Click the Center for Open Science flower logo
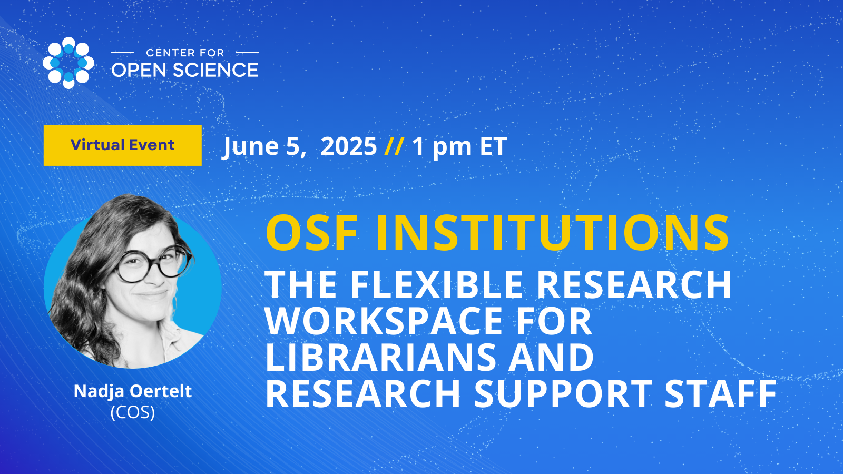(68, 63)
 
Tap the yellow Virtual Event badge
(123, 145)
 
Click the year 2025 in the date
(348, 146)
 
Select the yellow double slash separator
(395, 146)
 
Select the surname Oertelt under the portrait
(166, 391)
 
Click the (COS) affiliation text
(133, 413)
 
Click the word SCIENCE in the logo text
(216, 70)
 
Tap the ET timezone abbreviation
(493, 146)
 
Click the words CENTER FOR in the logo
(185, 53)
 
